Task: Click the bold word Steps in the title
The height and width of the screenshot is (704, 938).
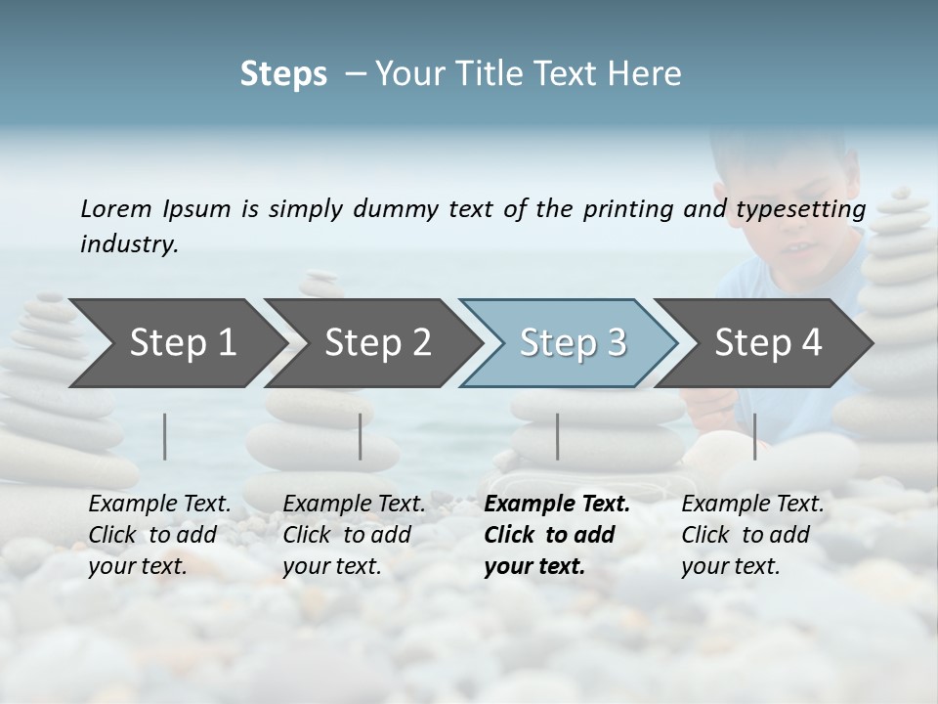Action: [283, 74]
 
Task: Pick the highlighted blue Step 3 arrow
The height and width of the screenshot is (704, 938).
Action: [572, 342]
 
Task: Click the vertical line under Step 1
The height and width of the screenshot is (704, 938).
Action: [165, 436]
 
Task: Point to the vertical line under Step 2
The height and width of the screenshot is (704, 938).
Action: [361, 436]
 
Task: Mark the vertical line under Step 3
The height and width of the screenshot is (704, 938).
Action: [558, 436]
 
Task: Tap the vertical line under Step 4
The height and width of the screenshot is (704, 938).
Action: [755, 436]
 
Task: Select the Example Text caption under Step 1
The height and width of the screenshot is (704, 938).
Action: [159, 535]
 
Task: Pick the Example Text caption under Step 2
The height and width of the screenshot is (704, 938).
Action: [354, 535]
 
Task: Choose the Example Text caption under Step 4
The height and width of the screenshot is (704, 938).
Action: [752, 535]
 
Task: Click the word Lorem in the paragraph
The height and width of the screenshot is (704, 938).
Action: [116, 208]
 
